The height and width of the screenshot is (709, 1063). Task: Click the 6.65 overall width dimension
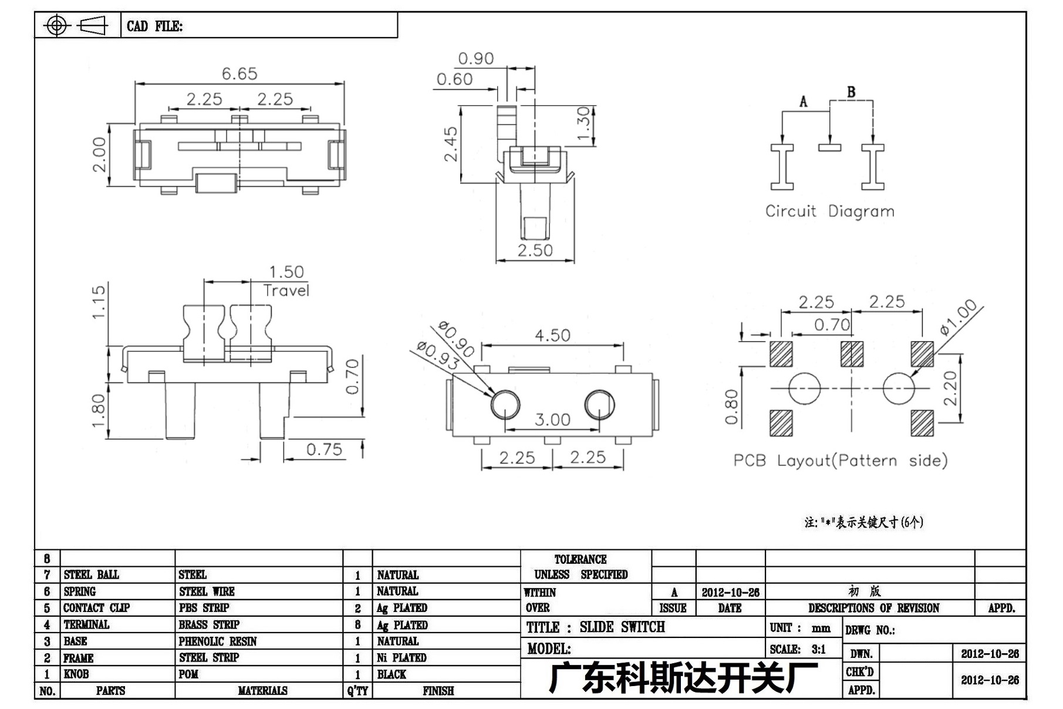pos(239,73)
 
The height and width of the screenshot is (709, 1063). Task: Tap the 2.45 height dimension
pos(450,144)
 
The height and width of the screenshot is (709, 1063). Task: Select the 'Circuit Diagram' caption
pos(829,211)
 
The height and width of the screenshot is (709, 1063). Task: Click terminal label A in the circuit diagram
pos(803,102)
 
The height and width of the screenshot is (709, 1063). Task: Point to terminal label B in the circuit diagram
pos(851,92)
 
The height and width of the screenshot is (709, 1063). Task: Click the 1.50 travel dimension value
pos(286,272)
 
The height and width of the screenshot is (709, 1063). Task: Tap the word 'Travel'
pos(286,290)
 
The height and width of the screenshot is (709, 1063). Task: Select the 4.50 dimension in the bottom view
pos(552,335)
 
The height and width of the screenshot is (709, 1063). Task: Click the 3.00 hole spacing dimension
pos(552,419)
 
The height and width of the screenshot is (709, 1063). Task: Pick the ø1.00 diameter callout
pos(959,317)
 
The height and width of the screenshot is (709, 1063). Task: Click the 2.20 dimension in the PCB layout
pos(950,388)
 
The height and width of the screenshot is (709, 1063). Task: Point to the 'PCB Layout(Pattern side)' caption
pos(841,461)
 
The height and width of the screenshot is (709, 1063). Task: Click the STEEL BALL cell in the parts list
pos(91,574)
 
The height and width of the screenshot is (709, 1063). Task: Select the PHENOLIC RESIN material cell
pos(218,641)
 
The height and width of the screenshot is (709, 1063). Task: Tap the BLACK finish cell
pos(392,674)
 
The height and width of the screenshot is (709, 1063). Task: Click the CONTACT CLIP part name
pos(96,608)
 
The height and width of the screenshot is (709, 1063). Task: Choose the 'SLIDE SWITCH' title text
pos(622,627)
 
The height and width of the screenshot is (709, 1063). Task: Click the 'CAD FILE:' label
pos(155,26)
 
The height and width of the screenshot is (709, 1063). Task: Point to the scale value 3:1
pos(819,649)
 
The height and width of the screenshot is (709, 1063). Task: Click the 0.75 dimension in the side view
pos(324,449)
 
